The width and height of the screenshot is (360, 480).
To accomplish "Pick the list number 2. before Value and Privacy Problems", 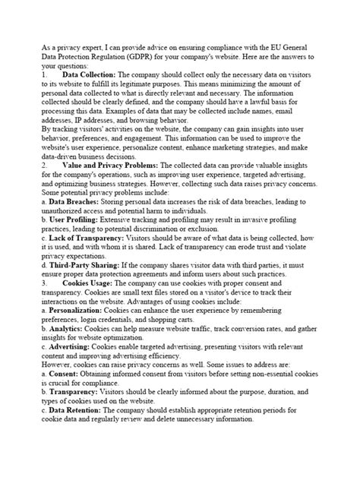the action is tap(46, 185).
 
